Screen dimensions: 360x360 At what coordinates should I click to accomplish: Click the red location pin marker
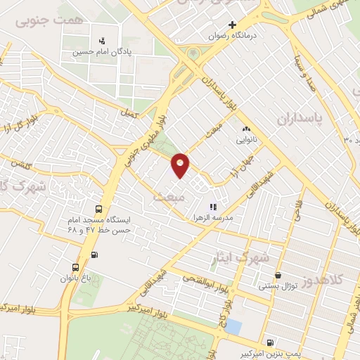(x=181, y=165)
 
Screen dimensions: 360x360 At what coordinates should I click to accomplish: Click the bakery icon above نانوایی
(x=246, y=129)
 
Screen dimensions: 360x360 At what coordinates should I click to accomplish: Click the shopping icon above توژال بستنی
(x=278, y=276)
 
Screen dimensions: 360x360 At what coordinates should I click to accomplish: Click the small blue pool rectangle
(x=233, y=327)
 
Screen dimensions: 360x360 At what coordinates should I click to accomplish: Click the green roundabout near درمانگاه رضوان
(x=193, y=53)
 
